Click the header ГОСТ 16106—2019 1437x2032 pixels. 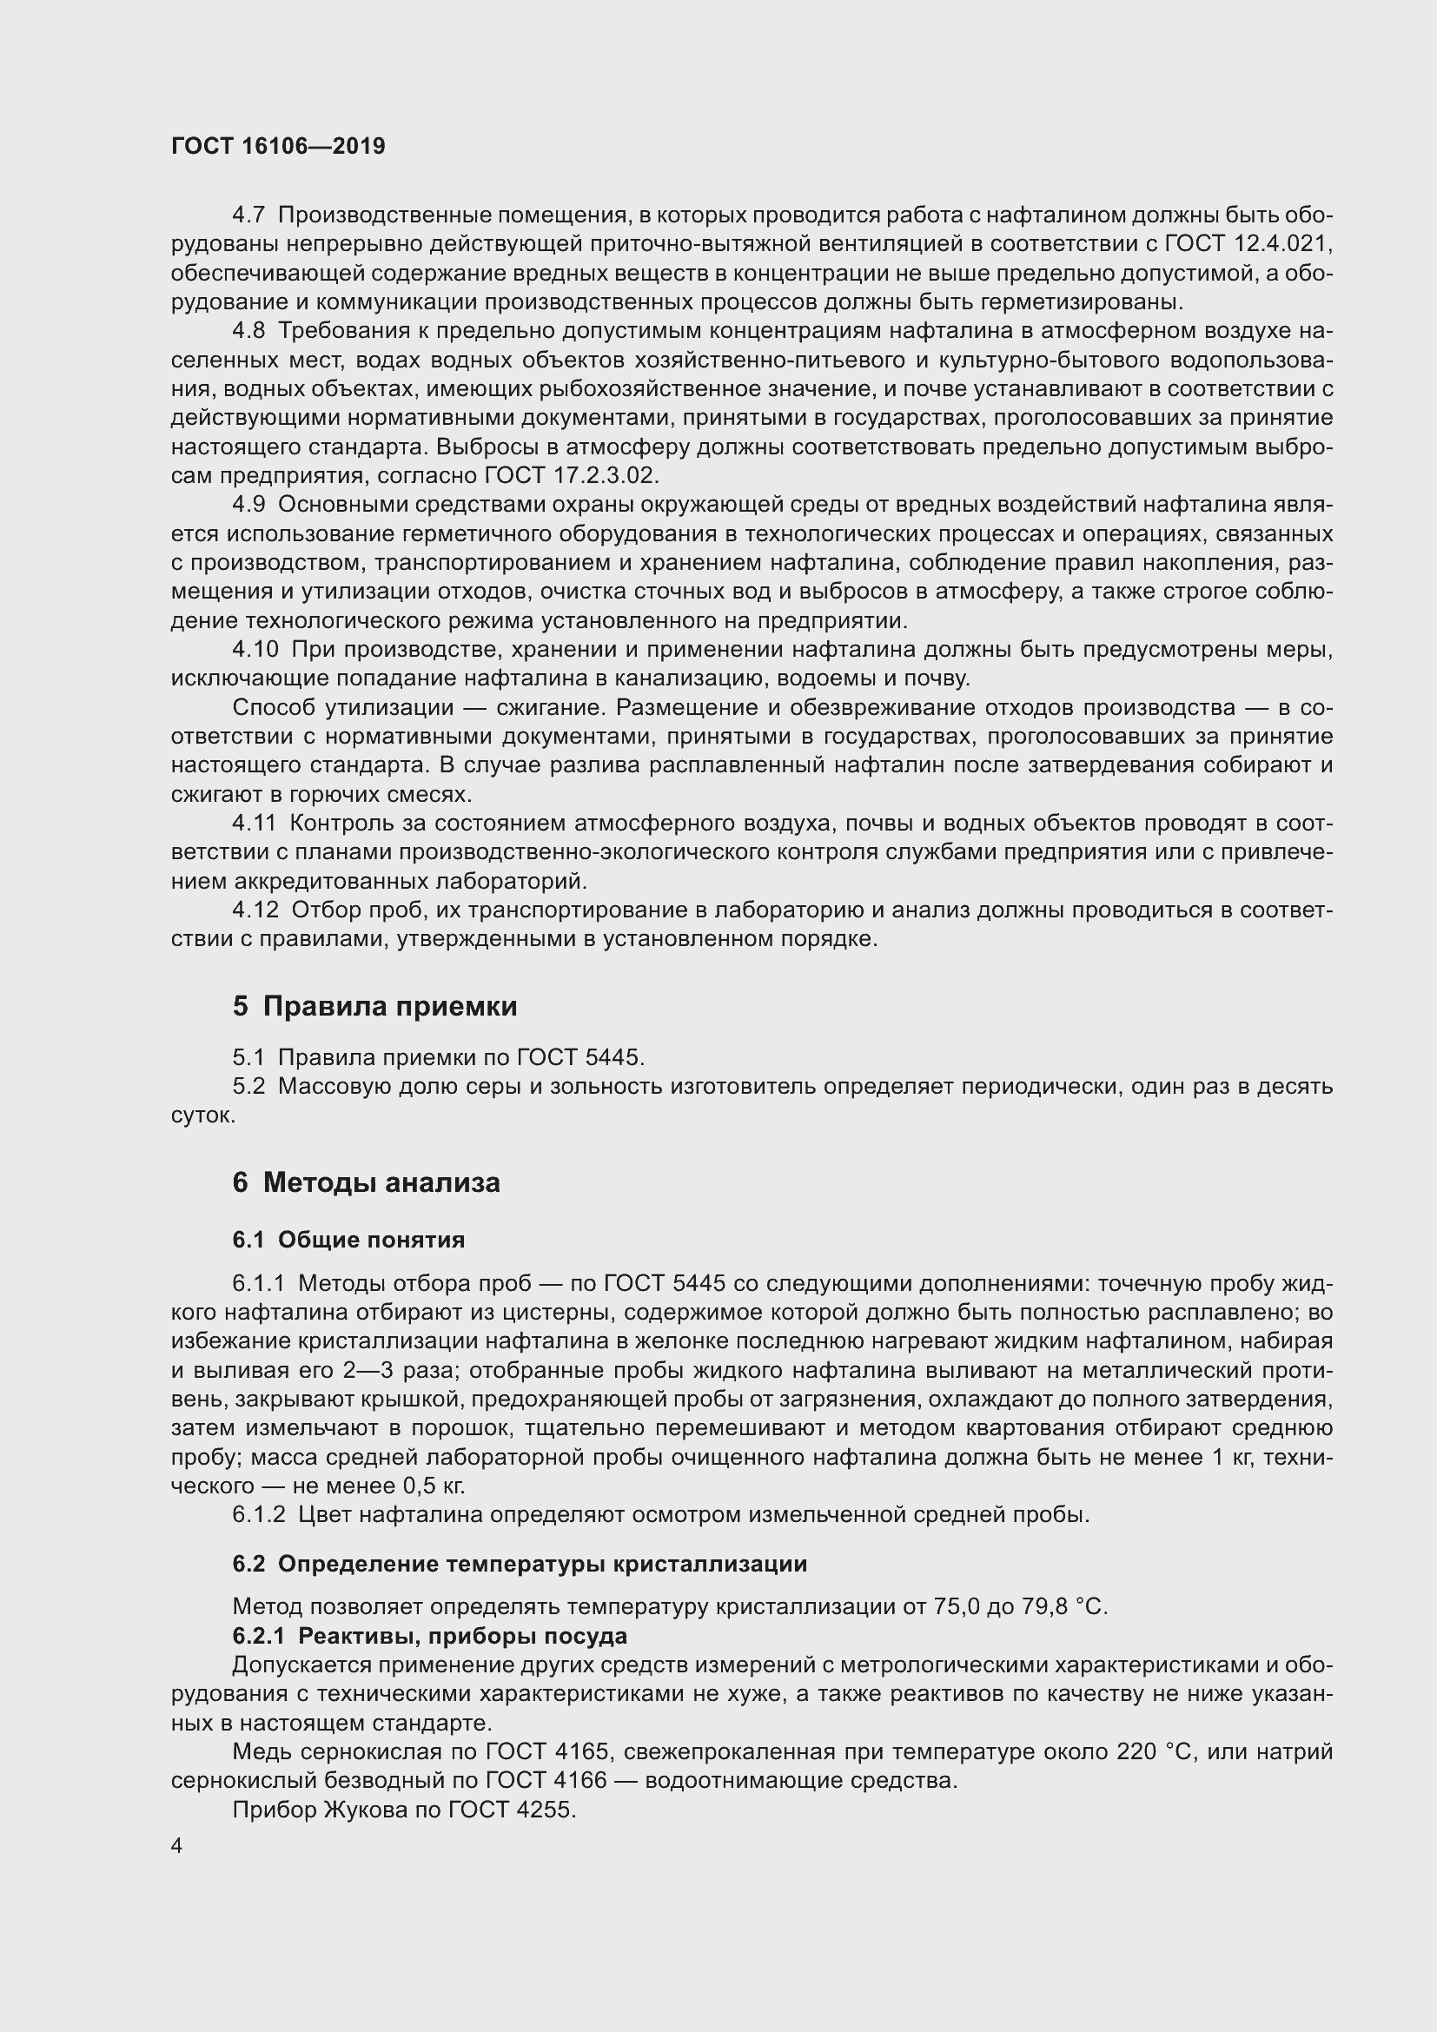(278, 146)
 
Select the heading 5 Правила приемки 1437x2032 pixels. (374, 1006)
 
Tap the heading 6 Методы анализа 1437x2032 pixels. (366, 1182)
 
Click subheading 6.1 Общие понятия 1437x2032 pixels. (348, 1240)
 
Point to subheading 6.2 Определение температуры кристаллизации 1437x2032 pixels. (520, 1564)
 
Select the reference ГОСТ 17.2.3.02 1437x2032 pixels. (571, 476)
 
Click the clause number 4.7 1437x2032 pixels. (248, 215)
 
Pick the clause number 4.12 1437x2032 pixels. (255, 910)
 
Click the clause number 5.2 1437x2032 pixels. (248, 1087)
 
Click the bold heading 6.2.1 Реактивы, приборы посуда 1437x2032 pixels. (429, 1636)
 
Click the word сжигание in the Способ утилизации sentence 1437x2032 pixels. (536, 708)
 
